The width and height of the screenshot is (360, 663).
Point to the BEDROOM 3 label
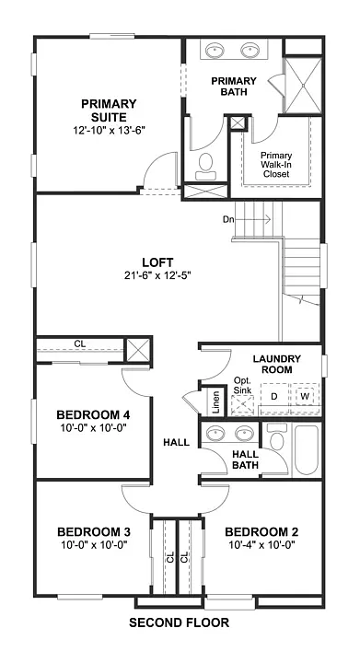[x=93, y=531]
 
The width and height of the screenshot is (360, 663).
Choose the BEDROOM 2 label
[x=261, y=531]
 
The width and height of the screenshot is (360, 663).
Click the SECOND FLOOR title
[x=179, y=623]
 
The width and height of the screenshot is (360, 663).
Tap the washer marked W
[x=305, y=396]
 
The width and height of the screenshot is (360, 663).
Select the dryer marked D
[x=273, y=396]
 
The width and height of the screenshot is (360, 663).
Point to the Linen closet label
[x=215, y=402]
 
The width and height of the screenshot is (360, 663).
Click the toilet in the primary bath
[x=205, y=165]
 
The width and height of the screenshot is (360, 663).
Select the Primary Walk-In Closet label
[x=275, y=165]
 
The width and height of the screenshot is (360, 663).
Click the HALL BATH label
[x=245, y=459]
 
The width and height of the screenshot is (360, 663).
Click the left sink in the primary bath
[x=216, y=50]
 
